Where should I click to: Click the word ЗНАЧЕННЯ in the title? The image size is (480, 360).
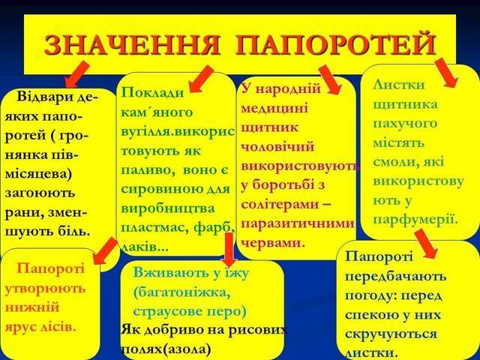click(132, 45)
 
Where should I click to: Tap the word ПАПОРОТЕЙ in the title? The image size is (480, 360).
click(336, 45)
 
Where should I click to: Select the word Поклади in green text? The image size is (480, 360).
click(152, 91)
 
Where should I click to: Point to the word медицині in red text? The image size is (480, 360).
click(274, 108)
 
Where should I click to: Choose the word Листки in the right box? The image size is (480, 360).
click(399, 85)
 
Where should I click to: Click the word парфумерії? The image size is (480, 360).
click(415, 219)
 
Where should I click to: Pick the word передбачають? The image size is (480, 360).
click(395, 277)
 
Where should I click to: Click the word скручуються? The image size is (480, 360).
click(391, 334)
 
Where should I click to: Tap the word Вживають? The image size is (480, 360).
click(169, 272)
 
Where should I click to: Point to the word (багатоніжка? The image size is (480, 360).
click(181, 293)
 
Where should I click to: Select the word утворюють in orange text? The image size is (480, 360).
click(45, 289)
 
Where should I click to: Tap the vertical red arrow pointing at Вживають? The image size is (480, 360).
click(229, 249)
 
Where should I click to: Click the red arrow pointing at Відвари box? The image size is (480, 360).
click(77, 74)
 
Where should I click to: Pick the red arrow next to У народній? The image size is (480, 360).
click(330, 79)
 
